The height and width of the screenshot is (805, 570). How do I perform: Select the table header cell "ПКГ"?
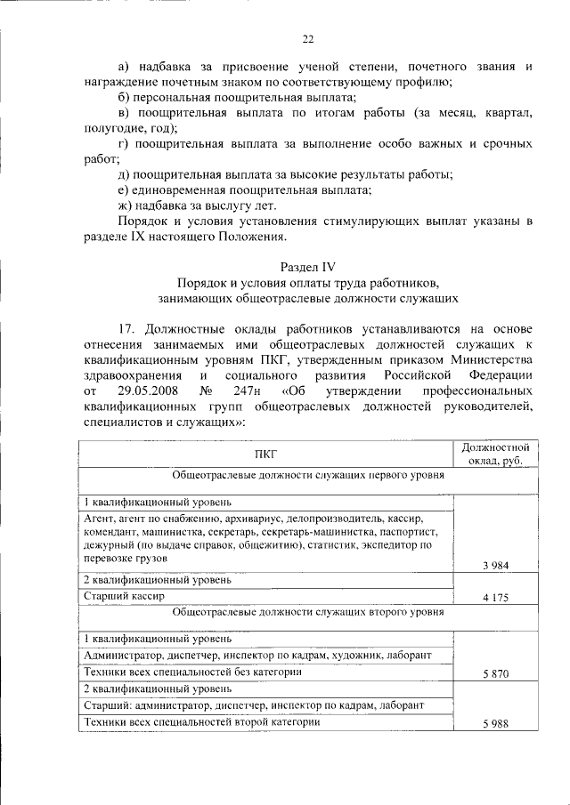pyautogui.click(x=265, y=454)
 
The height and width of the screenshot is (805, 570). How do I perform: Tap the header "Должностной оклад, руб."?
pyautogui.click(x=497, y=454)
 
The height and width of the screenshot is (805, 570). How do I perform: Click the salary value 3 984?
pyautogui.click(x=495, y=565)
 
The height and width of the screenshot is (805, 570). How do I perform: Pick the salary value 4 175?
pyautogui.click(x=495, y=598)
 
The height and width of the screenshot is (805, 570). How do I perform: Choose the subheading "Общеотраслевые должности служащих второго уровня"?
pyautogui.click(x=307, y=611)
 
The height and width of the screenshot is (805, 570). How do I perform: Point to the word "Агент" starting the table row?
pyautogui.click(x=98, y=518)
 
